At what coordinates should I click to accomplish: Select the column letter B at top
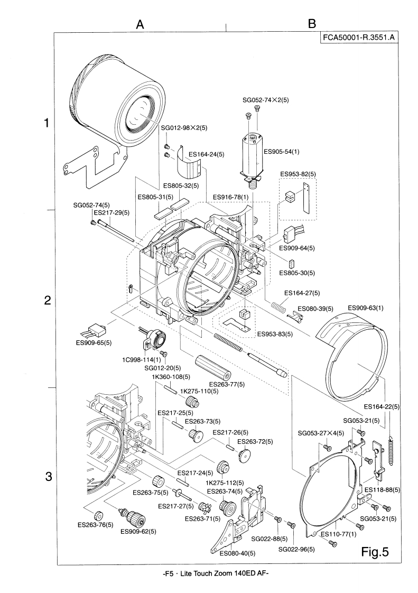point(312,23)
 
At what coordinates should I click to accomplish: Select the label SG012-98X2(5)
point(184,127)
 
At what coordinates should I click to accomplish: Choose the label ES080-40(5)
point(237,553)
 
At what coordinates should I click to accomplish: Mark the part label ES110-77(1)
point(342,534)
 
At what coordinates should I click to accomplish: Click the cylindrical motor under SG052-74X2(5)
point(252,156)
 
